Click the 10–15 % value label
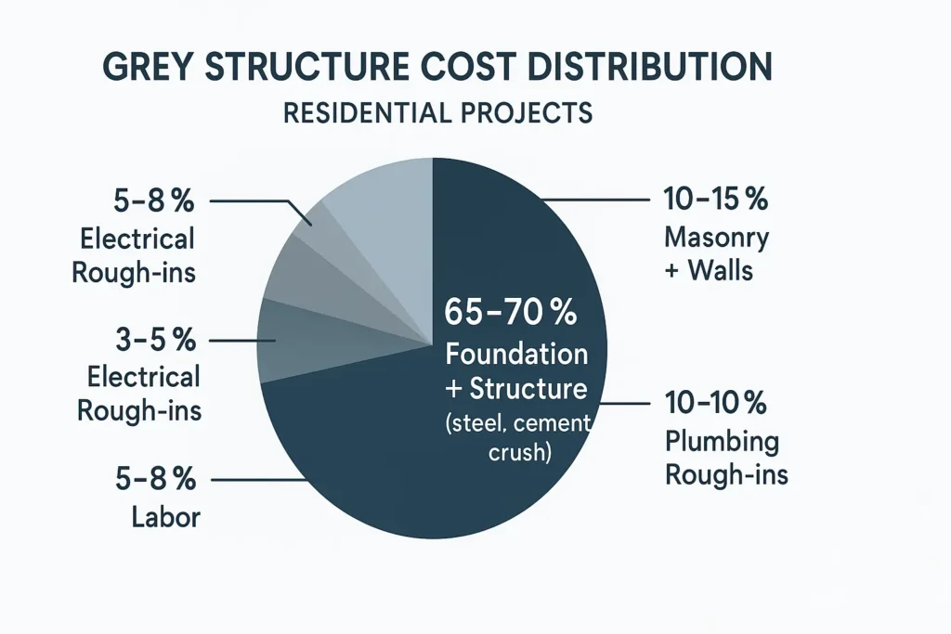tap(715, 200)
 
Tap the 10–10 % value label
tap(714, 404)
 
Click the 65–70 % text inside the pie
tap(510, 313)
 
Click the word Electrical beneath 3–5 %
tap(142, 376)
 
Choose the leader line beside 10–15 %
tap(594, 201)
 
